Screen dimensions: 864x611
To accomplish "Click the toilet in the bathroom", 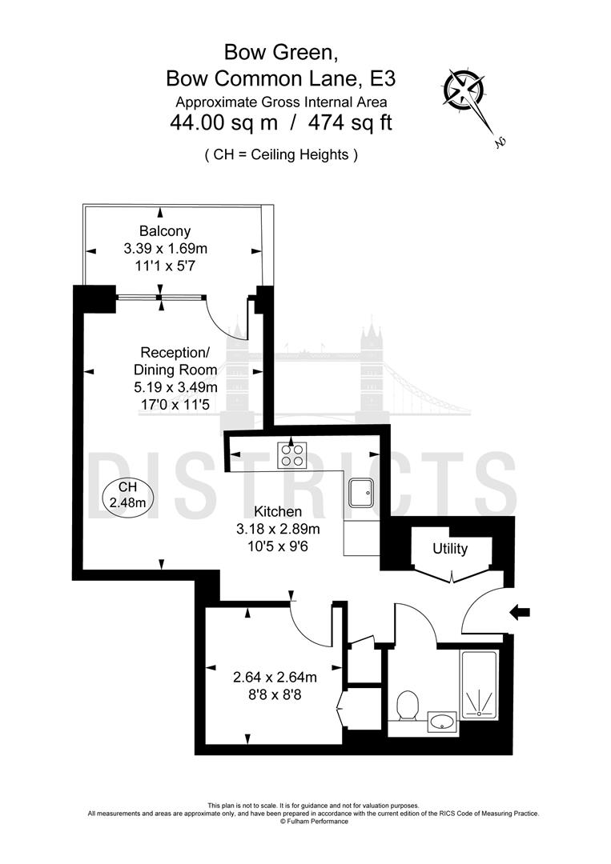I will point(408,705).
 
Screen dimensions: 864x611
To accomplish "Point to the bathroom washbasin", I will point(441,722).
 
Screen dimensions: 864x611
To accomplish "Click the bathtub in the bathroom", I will point(479,683).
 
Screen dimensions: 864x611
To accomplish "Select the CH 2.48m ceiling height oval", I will point(127,495).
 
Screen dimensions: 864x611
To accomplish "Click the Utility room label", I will point(450,549).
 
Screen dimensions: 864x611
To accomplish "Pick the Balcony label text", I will point(165,232).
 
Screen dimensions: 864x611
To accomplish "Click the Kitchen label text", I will point(278,512).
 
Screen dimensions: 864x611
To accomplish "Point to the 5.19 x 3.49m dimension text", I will point(175,387).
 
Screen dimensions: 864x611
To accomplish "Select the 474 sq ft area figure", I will point(346,123).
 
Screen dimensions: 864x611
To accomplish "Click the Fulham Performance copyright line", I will point(314,821).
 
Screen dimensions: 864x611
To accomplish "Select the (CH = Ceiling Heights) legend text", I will point(280,154).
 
